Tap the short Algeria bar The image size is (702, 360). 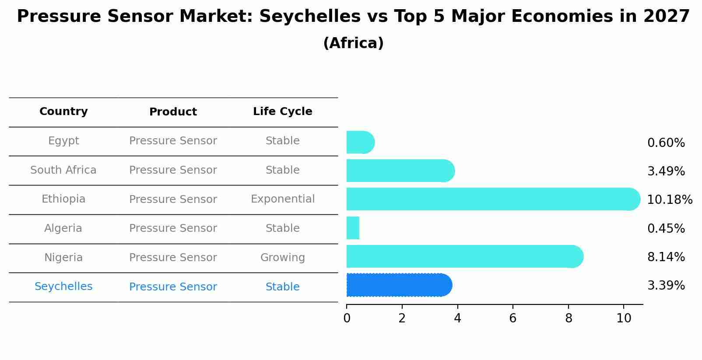pyautogui.click(x=353, y=228)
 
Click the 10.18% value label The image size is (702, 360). pyautogui.click(x=669, y=200)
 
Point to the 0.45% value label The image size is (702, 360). pyautogui.click(x=666, y=229)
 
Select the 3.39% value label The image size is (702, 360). pyautogui.click(x=666, y=286)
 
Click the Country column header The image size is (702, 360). pyautogui.click(x=63, y=112)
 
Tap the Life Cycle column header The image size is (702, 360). pyautogui.click(x=282, y=112)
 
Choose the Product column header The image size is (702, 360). pyautogui.click(x=173, y=112)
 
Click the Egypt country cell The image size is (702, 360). pyautogui.click(x=63, y=141)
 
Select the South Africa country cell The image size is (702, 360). pyautogui.click(x=63, y=170)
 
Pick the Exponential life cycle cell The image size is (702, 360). pyautogui.click(x=282, y=199)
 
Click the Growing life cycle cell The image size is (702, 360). pyautogui.click(x=282, y=258)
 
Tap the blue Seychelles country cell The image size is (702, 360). pyautogui.click(x=63, y=287)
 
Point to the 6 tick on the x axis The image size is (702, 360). pyautogui.click(x=512, y=318)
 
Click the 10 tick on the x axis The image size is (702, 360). pyautogui.click(x=624, y=318)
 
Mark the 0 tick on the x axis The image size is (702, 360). pyautogui.click(x=347, y=318)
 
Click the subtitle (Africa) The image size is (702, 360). pyautogui.click(x=353, y=43)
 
